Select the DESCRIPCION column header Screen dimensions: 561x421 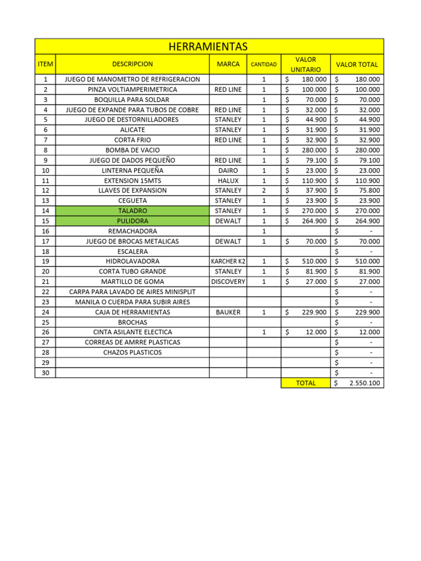(x=132, y=64)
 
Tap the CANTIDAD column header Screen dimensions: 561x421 (x=264, y=65)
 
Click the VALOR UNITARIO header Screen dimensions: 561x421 (x=305, y=64)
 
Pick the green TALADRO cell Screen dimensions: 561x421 (x=132, y=211)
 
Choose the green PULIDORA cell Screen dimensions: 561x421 (x=132, y=221)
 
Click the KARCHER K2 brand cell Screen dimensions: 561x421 (x=228, y=261)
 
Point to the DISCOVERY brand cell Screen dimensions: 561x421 (x=228, y=282)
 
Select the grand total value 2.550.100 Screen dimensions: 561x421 (x=365, y=383)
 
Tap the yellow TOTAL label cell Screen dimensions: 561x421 (x=305, y=383)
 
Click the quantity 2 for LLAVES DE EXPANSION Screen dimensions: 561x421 (x=264, y=191)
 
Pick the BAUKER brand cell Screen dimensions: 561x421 (x=228, y=312)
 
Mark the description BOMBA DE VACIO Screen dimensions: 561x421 (x=132, y=150)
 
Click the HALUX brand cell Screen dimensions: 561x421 (x=228, y=180)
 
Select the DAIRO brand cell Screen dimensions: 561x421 (x=228, y=170)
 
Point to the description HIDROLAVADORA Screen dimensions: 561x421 (x=132, y=261)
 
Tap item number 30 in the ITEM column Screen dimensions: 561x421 (x=45, y=373)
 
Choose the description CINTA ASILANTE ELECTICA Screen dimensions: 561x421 (x=132, y=333)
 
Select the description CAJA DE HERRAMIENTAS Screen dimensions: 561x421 (x=132, y=312)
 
